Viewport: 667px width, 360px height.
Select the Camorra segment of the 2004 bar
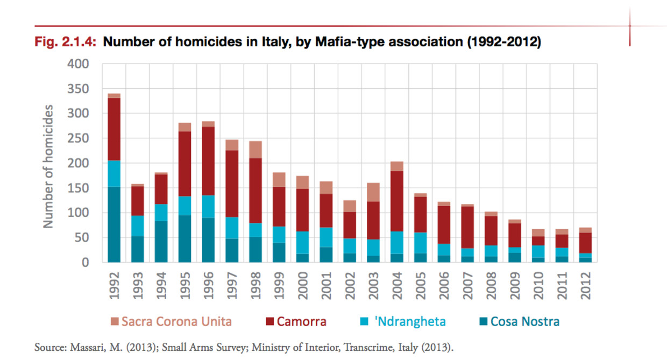(x=396, y=201)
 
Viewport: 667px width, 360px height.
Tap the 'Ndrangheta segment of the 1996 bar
(x=208, y=206)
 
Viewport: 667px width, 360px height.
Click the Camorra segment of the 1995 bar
(x=185, y=164)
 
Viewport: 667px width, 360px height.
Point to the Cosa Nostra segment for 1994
(x=161, y=241)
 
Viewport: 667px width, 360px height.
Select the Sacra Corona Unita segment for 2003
(x=373, y=192)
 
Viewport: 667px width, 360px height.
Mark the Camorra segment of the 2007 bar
(x=467, y=227)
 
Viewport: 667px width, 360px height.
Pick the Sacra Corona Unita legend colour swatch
(x=113, y=322)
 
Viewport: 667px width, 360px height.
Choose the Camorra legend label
(x=301, y=322)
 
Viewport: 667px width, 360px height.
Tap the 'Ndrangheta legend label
(x=410, y=322)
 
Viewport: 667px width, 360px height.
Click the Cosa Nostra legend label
(x=524, y=322)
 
